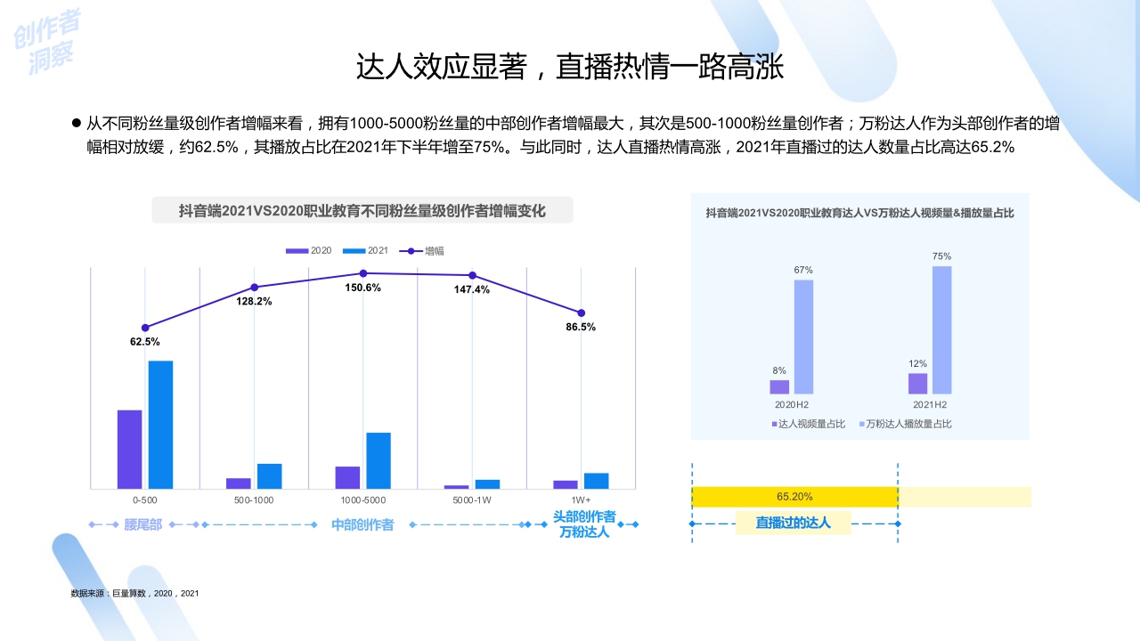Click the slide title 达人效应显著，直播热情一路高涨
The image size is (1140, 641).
coord(570,67)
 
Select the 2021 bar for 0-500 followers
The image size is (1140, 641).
coord(160,425)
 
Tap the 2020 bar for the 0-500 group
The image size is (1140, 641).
coord(129,449)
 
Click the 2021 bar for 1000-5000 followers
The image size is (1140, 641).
coord(379,460)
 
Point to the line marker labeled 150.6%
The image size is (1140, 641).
coord(363,273)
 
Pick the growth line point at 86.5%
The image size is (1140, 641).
coord(582,312)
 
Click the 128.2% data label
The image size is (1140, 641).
coord(254,302)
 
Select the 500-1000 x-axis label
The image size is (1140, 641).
coord(254,500)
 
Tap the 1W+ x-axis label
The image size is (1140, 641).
coord(581,500)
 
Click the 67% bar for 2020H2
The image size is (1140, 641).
coord(803,337)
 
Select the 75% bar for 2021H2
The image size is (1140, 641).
coord(941,329)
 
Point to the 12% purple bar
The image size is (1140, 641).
coord(917,383)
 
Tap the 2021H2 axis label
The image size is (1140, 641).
coord(930,405)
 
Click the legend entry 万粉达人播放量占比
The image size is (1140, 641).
coord(907,424)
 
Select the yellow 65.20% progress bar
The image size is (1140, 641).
coord(794,497)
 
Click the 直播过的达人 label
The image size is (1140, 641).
coord(793,523)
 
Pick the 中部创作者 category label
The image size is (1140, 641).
coord(362,525)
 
